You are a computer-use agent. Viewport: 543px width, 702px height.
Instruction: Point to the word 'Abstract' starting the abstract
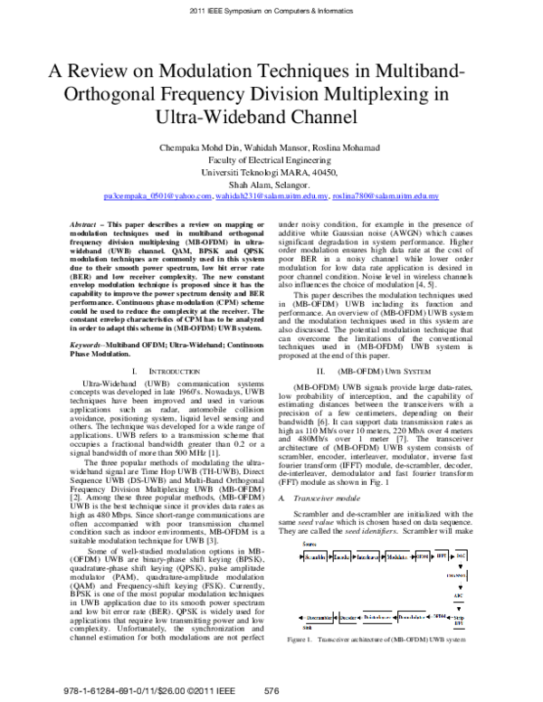coord(85,223)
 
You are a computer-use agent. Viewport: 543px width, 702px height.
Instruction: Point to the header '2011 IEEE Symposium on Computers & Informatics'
coord(271,10)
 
